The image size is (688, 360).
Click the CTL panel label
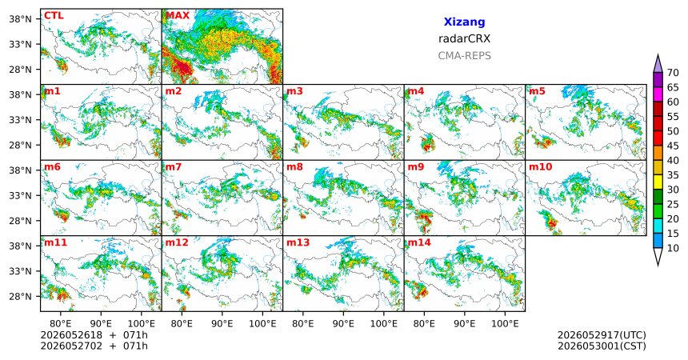click(x=54, y=16)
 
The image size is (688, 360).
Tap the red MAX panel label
click(x=178, y=16)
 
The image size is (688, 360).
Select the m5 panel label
click(x=537, y=91)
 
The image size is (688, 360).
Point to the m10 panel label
click(x=541, y=167)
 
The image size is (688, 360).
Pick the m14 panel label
click(x=419, y=242)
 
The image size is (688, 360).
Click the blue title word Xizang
click(x=464, y=22)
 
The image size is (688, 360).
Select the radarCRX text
click(x=464, y=38)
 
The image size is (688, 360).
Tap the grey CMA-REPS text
click(x=464, y=56)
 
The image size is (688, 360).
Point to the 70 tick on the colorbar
click(x=673, y=73)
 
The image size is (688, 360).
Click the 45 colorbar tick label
click(x=673, y=146)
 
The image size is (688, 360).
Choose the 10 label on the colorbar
click(x=673, y=248)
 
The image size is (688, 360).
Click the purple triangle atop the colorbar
click(x=658, y=64)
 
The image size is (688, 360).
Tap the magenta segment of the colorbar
click(x=658, y=94)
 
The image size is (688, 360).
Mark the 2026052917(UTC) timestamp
click(x=602, y=335)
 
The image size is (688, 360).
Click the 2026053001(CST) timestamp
click(x=602, y=346)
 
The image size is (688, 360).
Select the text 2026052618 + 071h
click(x=94, y=335)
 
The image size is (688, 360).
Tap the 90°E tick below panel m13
click(x=343, y=324)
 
